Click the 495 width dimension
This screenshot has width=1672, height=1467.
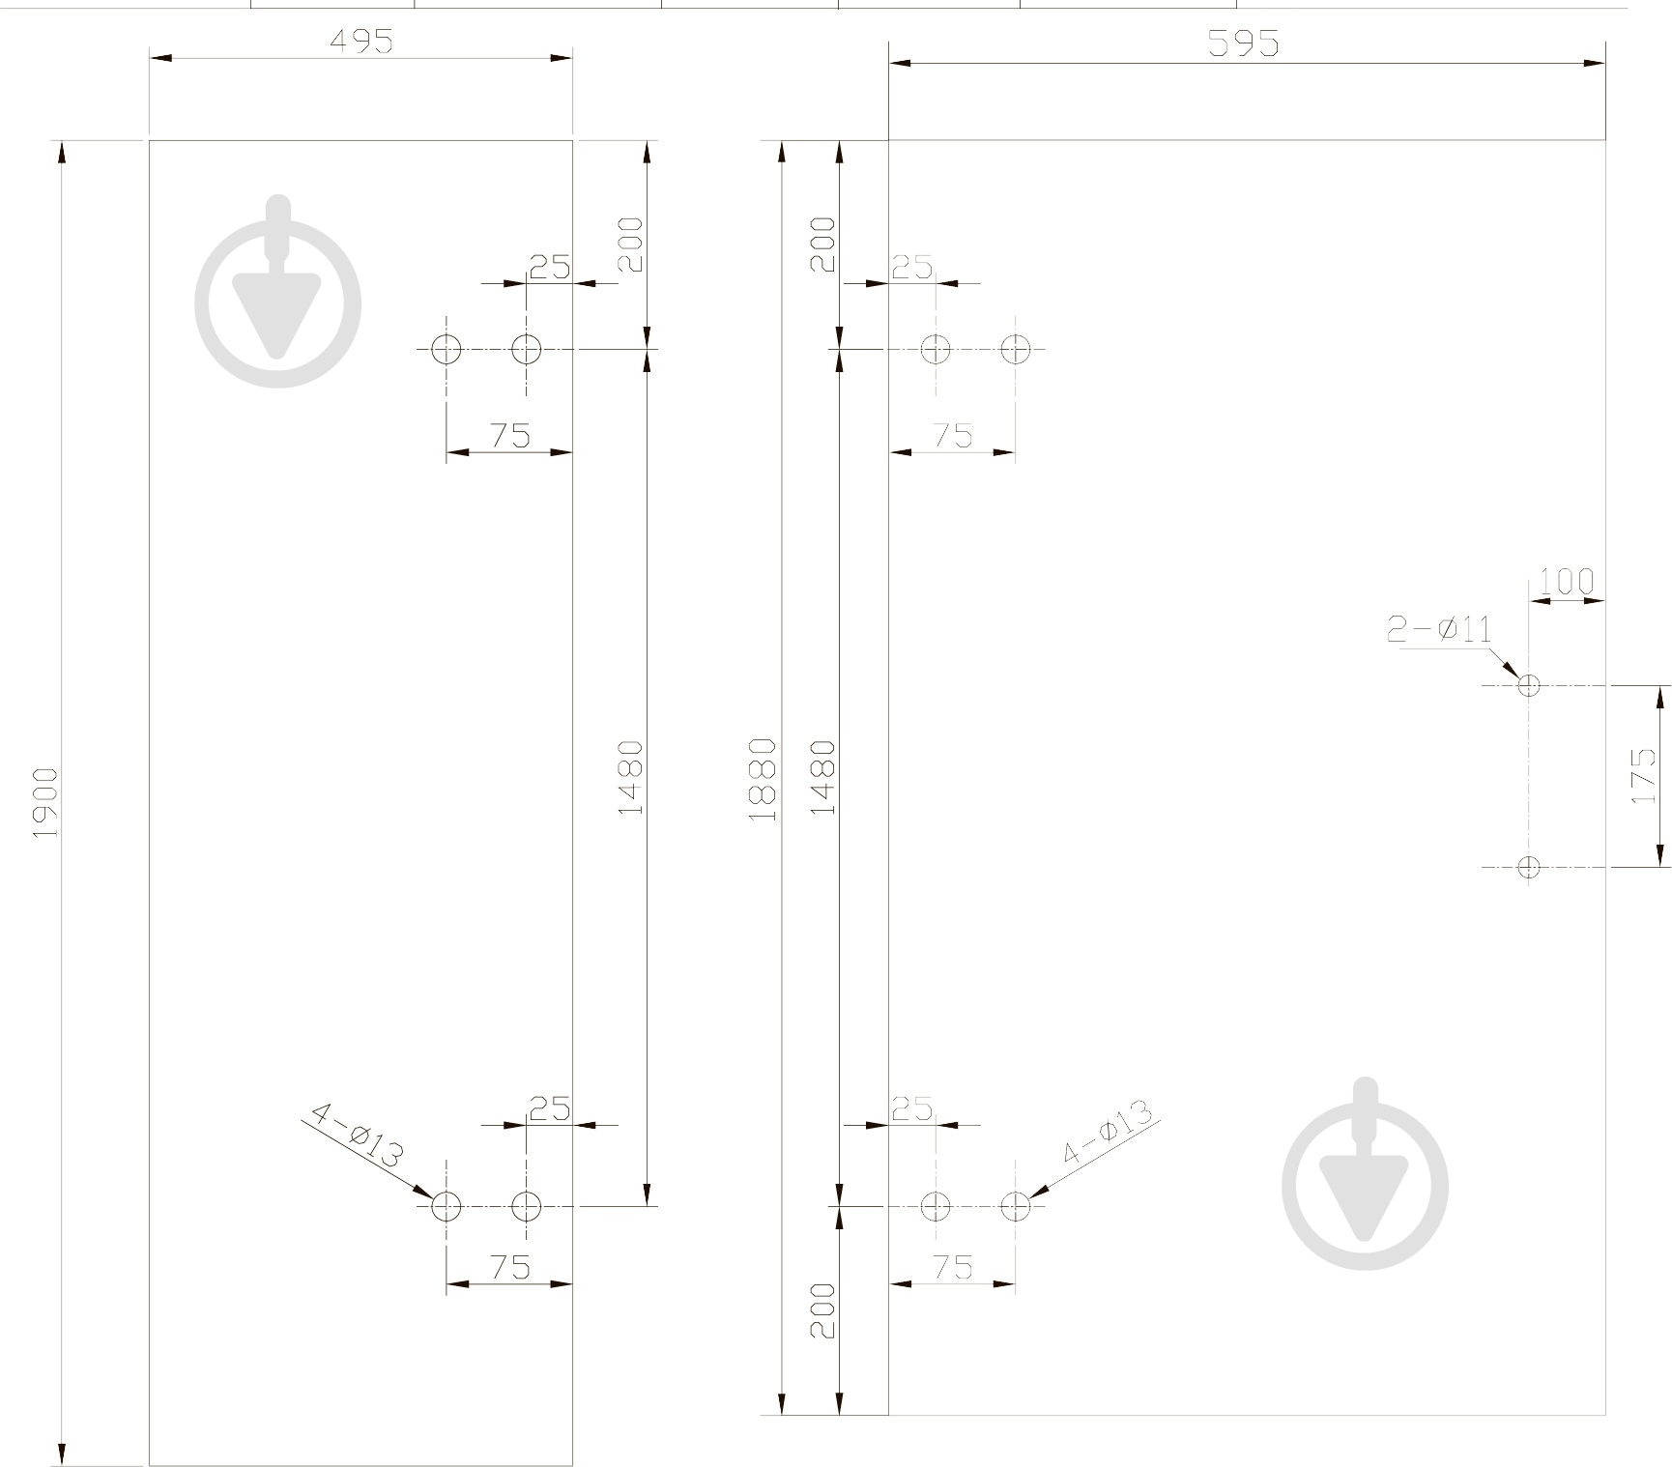(x=361, y=43)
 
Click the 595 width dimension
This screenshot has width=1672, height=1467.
(x=1245, y=44)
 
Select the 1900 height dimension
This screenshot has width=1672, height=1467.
(x=45, y=802)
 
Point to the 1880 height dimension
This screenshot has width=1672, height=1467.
(x=763, y=780)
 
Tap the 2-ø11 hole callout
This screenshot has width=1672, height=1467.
(x=1439, y=630)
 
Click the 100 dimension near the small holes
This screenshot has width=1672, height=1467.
(x=1566, y=583)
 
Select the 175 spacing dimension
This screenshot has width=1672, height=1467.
(x=1642, y=776)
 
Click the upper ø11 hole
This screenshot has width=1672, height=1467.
(x=1528, y=685)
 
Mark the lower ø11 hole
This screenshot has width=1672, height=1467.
(x=1528, y=867)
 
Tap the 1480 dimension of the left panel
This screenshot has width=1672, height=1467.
(x=630, y=777)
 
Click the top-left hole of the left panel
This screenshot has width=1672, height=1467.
(x=446, y=349)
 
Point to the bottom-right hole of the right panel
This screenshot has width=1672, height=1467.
(x=1016, y=1206)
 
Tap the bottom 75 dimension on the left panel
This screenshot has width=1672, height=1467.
(x=510, y=1267)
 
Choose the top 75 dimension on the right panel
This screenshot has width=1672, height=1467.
(x=953, y=436)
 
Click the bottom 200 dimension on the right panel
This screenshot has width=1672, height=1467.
(x=822, y=1310)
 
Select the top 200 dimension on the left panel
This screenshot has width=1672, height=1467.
(x=630, y=244)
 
